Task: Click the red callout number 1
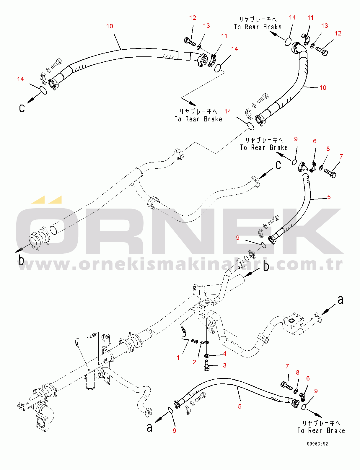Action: (x=178, y=358)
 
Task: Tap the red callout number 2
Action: (x=194, y=362)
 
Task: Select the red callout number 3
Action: (x=225, y=365)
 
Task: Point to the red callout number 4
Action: (x=225, y=354)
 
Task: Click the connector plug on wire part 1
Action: (x=194, y=341)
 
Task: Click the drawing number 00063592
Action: (x=317, y=444)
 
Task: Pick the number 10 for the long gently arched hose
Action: (x=110, y=26)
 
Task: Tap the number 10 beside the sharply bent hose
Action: (x=323, y=88)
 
